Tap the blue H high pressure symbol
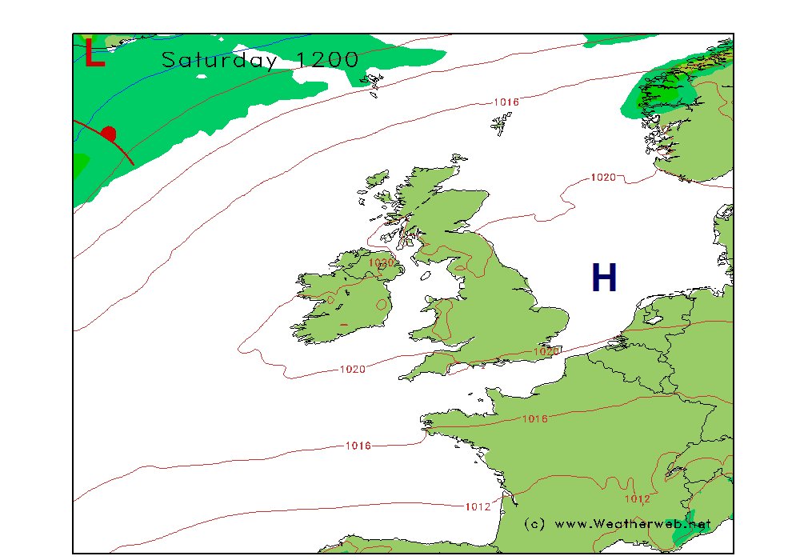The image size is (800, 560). tap(604, 278)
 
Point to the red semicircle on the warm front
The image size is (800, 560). tap(109, 134)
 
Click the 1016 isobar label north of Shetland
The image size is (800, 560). tap(506, 102)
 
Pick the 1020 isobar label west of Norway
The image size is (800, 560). tap(602, 177)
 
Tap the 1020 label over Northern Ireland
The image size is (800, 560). tap(381, 262)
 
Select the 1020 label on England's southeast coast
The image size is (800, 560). tap(546, 351)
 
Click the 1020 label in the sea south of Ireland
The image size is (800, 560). tap(353, 369)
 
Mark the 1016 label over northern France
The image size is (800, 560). tap(534, 418)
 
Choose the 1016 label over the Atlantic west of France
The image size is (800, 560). tap(358, 446)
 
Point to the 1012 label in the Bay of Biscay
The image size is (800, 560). tap(477, 506)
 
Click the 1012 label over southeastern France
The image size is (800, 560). tap(637, 499)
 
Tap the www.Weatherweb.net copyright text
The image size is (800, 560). tap(617, 524)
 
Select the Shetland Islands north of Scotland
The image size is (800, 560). tap(502, 125)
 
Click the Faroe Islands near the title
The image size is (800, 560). tap(373, 81)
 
